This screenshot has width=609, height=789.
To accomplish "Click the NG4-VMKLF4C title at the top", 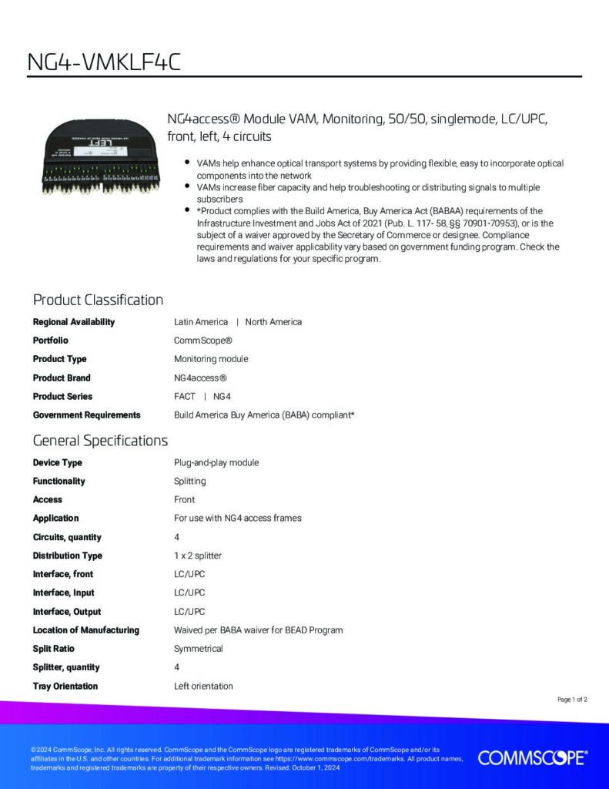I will click(x=104, y=61).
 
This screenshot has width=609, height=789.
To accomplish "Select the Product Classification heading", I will click(x=98, y=300).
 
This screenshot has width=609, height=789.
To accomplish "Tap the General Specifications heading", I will click(x=100, y=441).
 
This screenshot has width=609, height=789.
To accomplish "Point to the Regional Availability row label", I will click(x=73, y=322).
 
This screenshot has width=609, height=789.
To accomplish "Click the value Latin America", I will click(x=201, y=322).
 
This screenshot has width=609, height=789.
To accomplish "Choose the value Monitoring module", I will click(x=211, y=359).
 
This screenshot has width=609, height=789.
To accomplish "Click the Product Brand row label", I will click(x=62, y=378).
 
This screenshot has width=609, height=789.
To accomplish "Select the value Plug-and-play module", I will click(x=216, y=462).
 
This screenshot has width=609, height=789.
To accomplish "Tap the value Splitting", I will click(x=189, y=481).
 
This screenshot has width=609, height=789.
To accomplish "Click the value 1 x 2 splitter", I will click(x=198, y=556).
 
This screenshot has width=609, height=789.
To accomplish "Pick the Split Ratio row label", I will click(x=53, y=649).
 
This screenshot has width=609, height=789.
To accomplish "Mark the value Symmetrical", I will click(x=198, y=649).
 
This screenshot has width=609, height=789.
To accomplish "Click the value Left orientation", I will click(x=203, y=686).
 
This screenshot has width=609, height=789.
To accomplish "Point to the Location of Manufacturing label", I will click(x=85, y=630).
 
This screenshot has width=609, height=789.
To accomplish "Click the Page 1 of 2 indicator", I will click(x=572, y=700).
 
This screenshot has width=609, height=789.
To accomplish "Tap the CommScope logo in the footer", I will click(x=532, y=757).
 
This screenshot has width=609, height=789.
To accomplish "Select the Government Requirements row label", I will click(x=86, y=415).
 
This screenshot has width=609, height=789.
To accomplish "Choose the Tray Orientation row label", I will click(x=65, y=686).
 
